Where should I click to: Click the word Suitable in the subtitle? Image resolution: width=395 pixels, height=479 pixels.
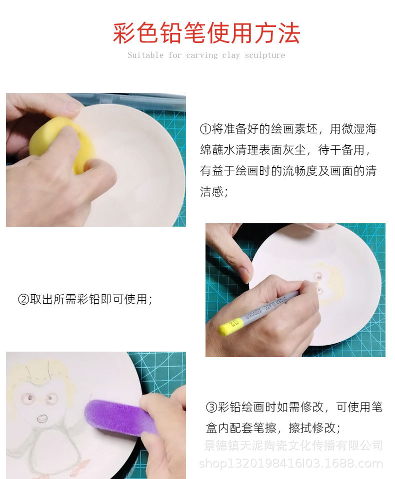[145, 55]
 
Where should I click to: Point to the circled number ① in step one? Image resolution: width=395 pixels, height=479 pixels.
[205, 129]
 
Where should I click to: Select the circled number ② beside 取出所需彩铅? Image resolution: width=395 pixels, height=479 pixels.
[23, 300]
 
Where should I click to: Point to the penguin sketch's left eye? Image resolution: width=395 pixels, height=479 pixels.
[29, 398]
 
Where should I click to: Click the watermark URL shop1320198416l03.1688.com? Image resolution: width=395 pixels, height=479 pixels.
[290, 464]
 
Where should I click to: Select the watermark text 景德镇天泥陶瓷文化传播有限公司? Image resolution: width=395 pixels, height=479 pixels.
[293, 445]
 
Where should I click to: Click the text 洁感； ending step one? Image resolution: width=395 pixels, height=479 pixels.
[214, 192]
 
